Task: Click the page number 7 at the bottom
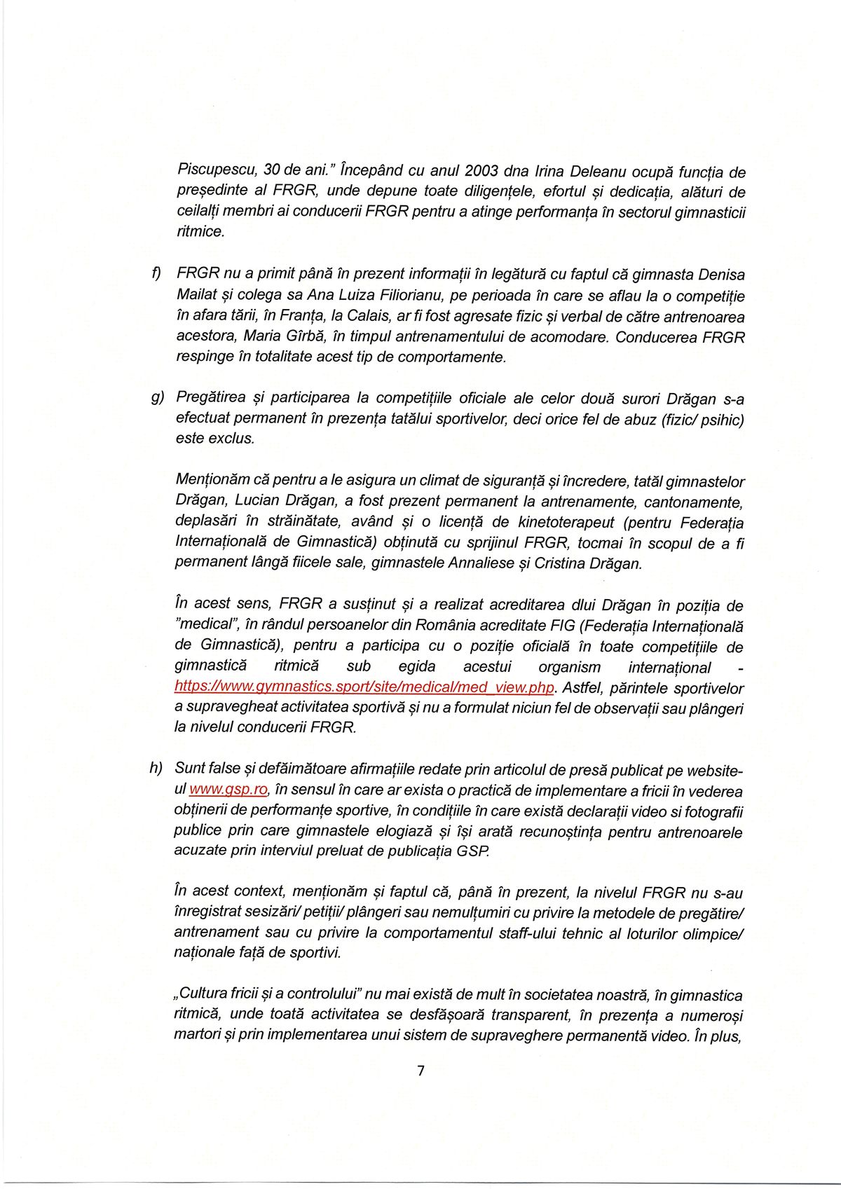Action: tap(420, 1071)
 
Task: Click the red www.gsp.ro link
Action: tap(228, 789)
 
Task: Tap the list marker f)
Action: tap(156, 273)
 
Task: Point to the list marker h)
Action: tap(156, 768)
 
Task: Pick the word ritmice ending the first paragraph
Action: tap(200, 231)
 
